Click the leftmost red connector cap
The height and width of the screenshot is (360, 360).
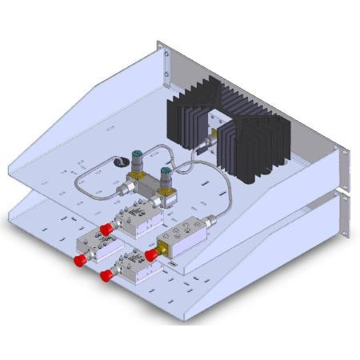coord(80,261)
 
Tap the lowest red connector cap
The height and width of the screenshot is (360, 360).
coord(106,275)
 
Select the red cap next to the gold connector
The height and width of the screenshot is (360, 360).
coord(150,254)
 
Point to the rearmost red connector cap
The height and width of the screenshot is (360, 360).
coord(106,230)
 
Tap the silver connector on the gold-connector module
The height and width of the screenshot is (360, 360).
coord(210,219)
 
